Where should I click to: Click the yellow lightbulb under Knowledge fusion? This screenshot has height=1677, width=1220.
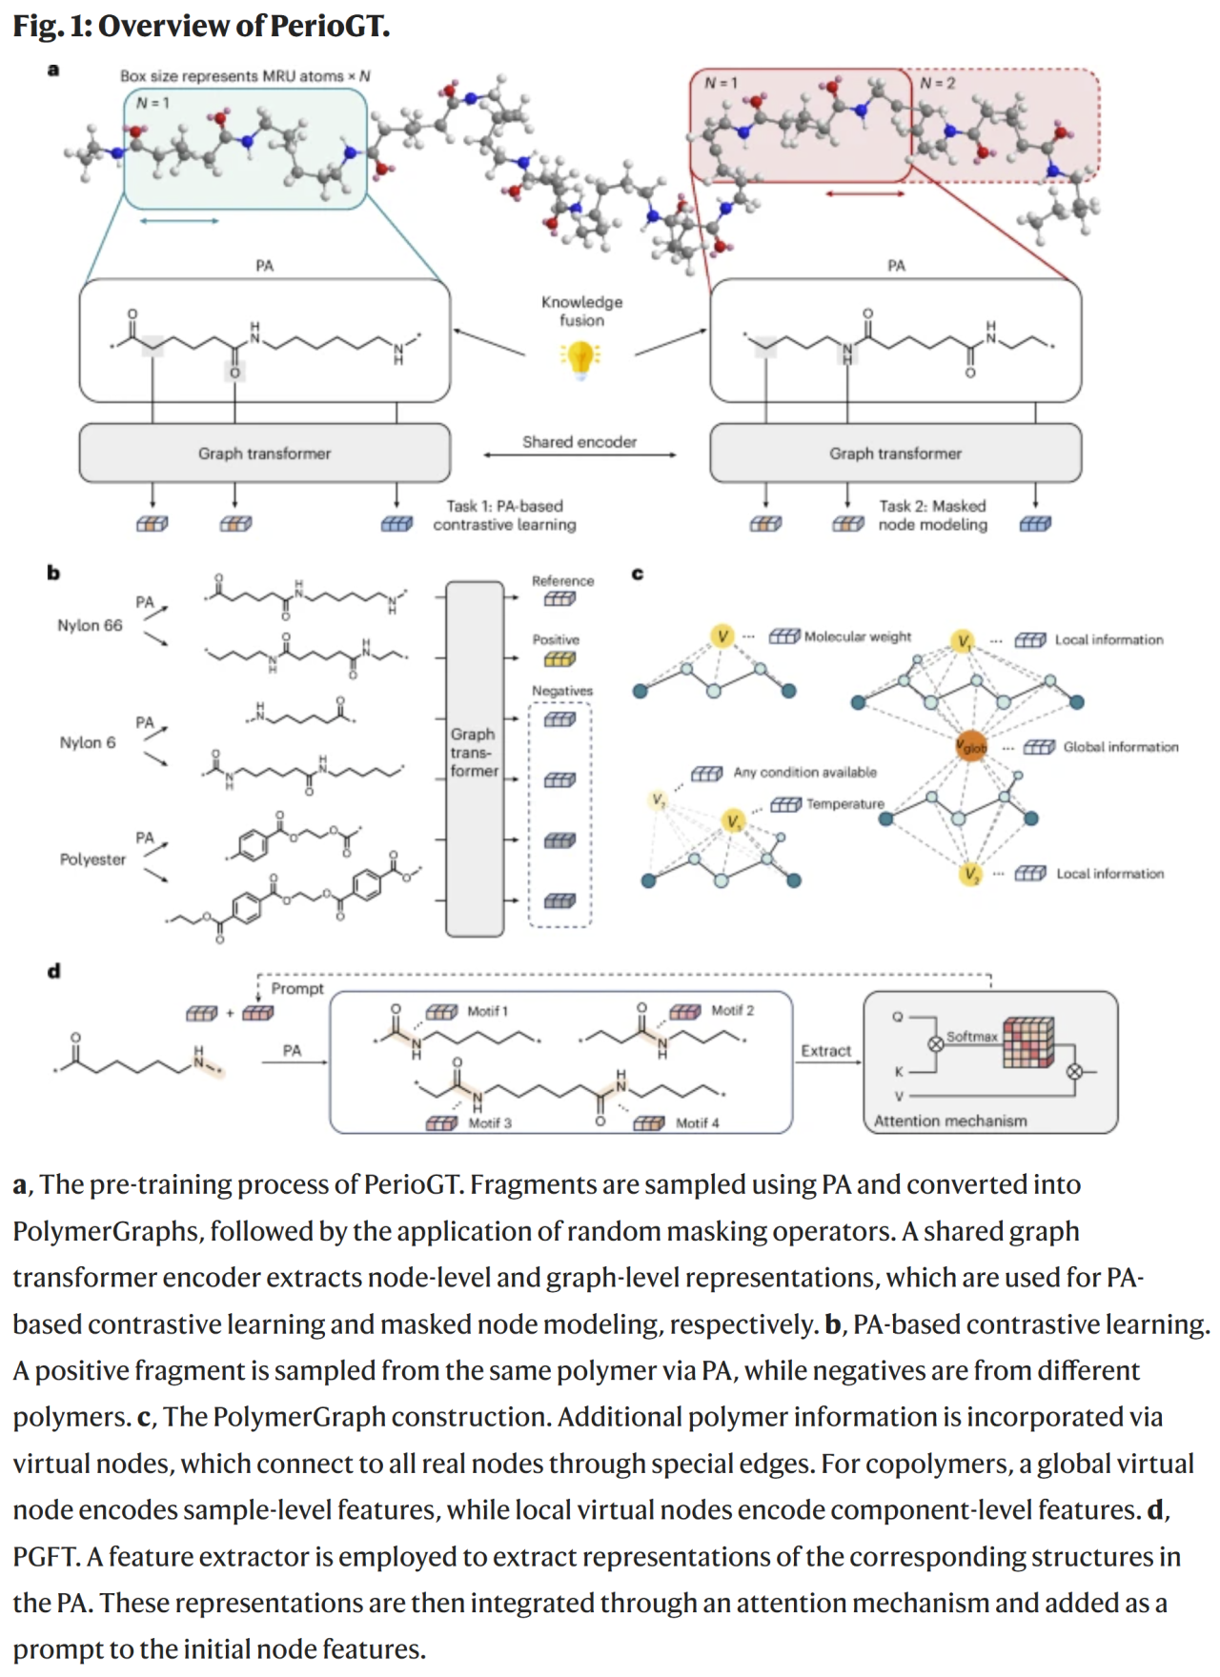[x=580, y=358]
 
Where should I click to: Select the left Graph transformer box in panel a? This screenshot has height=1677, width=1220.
[x=264, y=454]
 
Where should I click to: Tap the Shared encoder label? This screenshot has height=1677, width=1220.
[x=579, y=442]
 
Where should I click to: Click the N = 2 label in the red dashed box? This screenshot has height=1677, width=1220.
[x=937, y=84]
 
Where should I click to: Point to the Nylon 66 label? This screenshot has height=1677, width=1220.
[x=90, y=625]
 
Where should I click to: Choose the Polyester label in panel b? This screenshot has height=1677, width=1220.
[x=92, y=859]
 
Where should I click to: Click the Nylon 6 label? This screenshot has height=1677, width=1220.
[x=88, y=742]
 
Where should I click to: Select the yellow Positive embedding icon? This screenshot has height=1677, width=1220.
[x=559, y=659]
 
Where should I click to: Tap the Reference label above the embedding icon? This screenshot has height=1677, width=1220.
[x=562, y=581]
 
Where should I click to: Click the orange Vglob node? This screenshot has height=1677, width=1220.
[x=971, y=747]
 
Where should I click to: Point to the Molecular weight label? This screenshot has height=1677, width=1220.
[x=857, y=636]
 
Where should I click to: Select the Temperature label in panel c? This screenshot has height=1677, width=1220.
[x=844, y=804]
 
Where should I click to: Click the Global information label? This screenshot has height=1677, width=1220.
[x=1120, y=747]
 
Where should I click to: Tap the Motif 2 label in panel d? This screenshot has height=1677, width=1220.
[x=732, y=1011]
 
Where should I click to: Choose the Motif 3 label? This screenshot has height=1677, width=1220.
[x=489, y=1123]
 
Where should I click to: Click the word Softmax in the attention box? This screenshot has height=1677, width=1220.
[x=971, y=1037]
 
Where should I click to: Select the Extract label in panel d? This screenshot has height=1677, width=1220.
[x=825, y=1051]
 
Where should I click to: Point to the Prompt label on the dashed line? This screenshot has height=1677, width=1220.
[x=297, y=989]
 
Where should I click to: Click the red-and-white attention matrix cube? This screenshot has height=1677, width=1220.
[x=1028, y=1041]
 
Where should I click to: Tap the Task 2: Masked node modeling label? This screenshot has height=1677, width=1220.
[x=932, y=515]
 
